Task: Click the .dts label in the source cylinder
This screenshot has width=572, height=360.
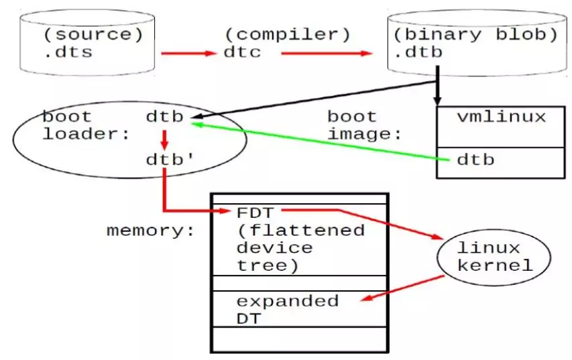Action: [x=68, y=52]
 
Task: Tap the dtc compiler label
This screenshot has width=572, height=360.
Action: [x=242, y=52]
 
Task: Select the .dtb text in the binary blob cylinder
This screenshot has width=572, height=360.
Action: [x=418, y=52]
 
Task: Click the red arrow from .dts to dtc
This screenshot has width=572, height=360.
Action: [x=189, y=53]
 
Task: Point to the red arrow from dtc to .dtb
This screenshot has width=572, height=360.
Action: [x=327, y=53]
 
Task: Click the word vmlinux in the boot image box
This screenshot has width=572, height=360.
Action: [x=502, y=117]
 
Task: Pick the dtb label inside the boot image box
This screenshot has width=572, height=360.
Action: [x=475, y=160]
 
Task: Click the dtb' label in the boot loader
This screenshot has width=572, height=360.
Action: [x=170, y=160]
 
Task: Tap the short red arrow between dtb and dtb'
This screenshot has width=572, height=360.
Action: [x=164, y=139]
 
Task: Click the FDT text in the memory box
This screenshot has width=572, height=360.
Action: [x=255, y=213]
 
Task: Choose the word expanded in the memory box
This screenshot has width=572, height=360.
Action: [x=288, y=301]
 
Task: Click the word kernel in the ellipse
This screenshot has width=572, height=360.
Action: [x=495, y=265]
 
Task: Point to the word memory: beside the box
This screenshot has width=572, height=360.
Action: [x=151, y=231]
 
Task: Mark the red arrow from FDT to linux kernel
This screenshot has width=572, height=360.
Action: [x=362, y=223]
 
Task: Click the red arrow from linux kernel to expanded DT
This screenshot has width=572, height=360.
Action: [x=403, y=288]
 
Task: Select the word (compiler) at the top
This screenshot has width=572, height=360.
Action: [x=288, y=35]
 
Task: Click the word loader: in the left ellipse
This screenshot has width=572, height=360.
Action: [x=86, y=134]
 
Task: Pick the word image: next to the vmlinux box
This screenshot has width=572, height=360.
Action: [x=364, y=135]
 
